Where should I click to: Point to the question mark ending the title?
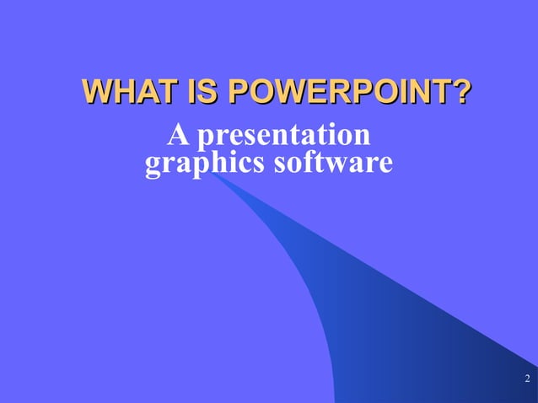coord(460,93)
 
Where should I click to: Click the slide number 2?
coord(526,377)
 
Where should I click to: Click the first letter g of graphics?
coord(153,164)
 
